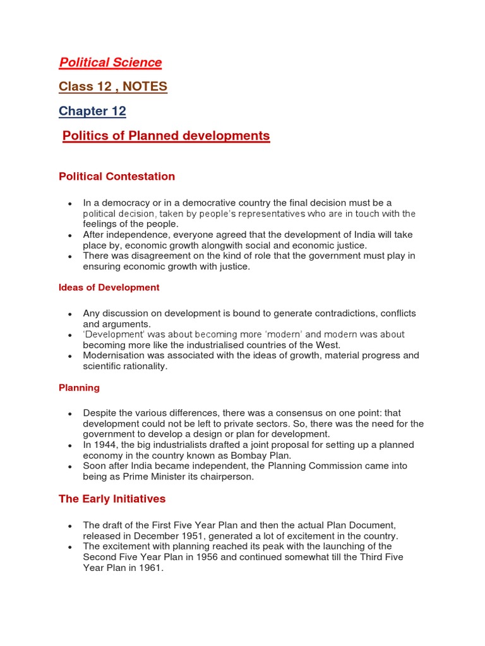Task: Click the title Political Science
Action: [x=110, y=62]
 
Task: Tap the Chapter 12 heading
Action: [x=92, y=112]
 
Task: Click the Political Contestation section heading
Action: [x=117, y=177]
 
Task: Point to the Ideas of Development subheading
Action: [x=109, y=288]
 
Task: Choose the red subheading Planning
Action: [x=79, y=388]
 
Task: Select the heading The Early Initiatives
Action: [x=112, y=499]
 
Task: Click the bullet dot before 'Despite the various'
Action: [x=69, y=413]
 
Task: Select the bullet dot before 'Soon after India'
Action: [x=69, y=466]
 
